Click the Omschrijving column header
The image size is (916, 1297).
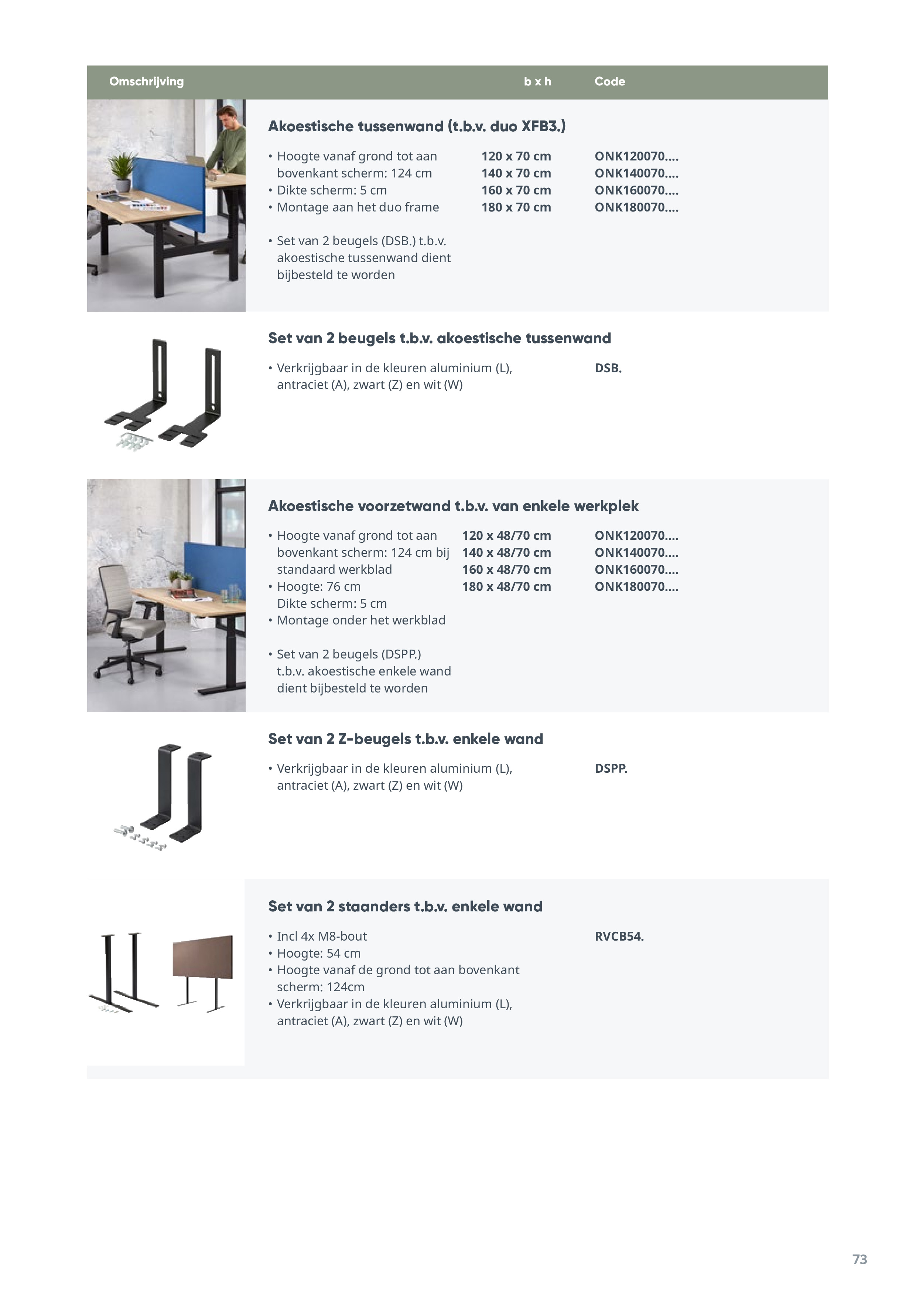pyautogui.click(x=146, y=81)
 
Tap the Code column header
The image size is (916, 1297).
pyautogui.click(x=609, y=81)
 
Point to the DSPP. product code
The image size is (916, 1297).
pyautogui.click(x=611, y=768)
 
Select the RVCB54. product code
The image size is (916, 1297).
pyautogui.click(x=619, y=936)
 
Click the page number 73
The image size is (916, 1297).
pyautogui.click(x=859, y=1259)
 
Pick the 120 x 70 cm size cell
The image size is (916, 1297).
pyautogui.click(x=516, y=156)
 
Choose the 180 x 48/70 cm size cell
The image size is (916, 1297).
pyautogui.click(x=506, y=586)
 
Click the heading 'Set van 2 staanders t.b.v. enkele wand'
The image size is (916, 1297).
pyautogui.click(x=405, y=906)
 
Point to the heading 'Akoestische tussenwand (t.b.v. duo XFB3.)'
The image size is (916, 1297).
pyautogui.click(x=417, y=126)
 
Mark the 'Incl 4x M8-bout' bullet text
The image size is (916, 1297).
pyautogui.click(x=322, y=936)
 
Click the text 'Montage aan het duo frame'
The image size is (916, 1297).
pyautogui.click(x=358, y=207)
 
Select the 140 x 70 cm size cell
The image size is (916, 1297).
pyautogui.click(x=516, y=173)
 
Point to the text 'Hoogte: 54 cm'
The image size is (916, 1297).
pyautogui.click(x=318, y=953)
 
